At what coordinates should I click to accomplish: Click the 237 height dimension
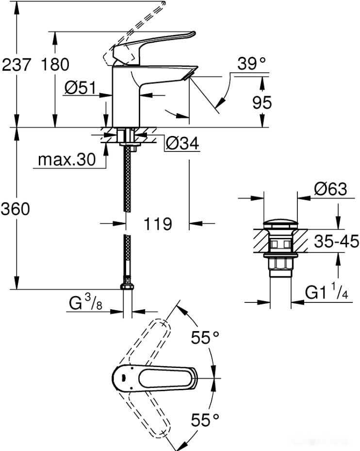pyautogui.click(x=16, y=65)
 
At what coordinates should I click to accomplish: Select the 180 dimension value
pyautogui.click(x=54, y=65)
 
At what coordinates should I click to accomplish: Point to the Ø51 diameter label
pyautogui.click(x=81, y=88)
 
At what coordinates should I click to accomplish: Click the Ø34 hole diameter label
pyautogui.click(x=182, y=143)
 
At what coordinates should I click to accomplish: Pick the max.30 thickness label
pyautogui.click(x=67, y=160)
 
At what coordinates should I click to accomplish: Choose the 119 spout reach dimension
pyautogui.click(x=158, y=224)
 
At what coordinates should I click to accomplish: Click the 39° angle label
pyautogui.click(x=252, y=63)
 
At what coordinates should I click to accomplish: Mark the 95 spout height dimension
pyautogui.click(x=262, y=102)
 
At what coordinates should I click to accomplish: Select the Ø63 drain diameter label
pyautogui.click(x=330, y=189)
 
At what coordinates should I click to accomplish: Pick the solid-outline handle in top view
pyautogui.click(x=155, y=377)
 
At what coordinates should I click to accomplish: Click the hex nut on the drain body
pyautogui.click(x=280, y=265)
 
